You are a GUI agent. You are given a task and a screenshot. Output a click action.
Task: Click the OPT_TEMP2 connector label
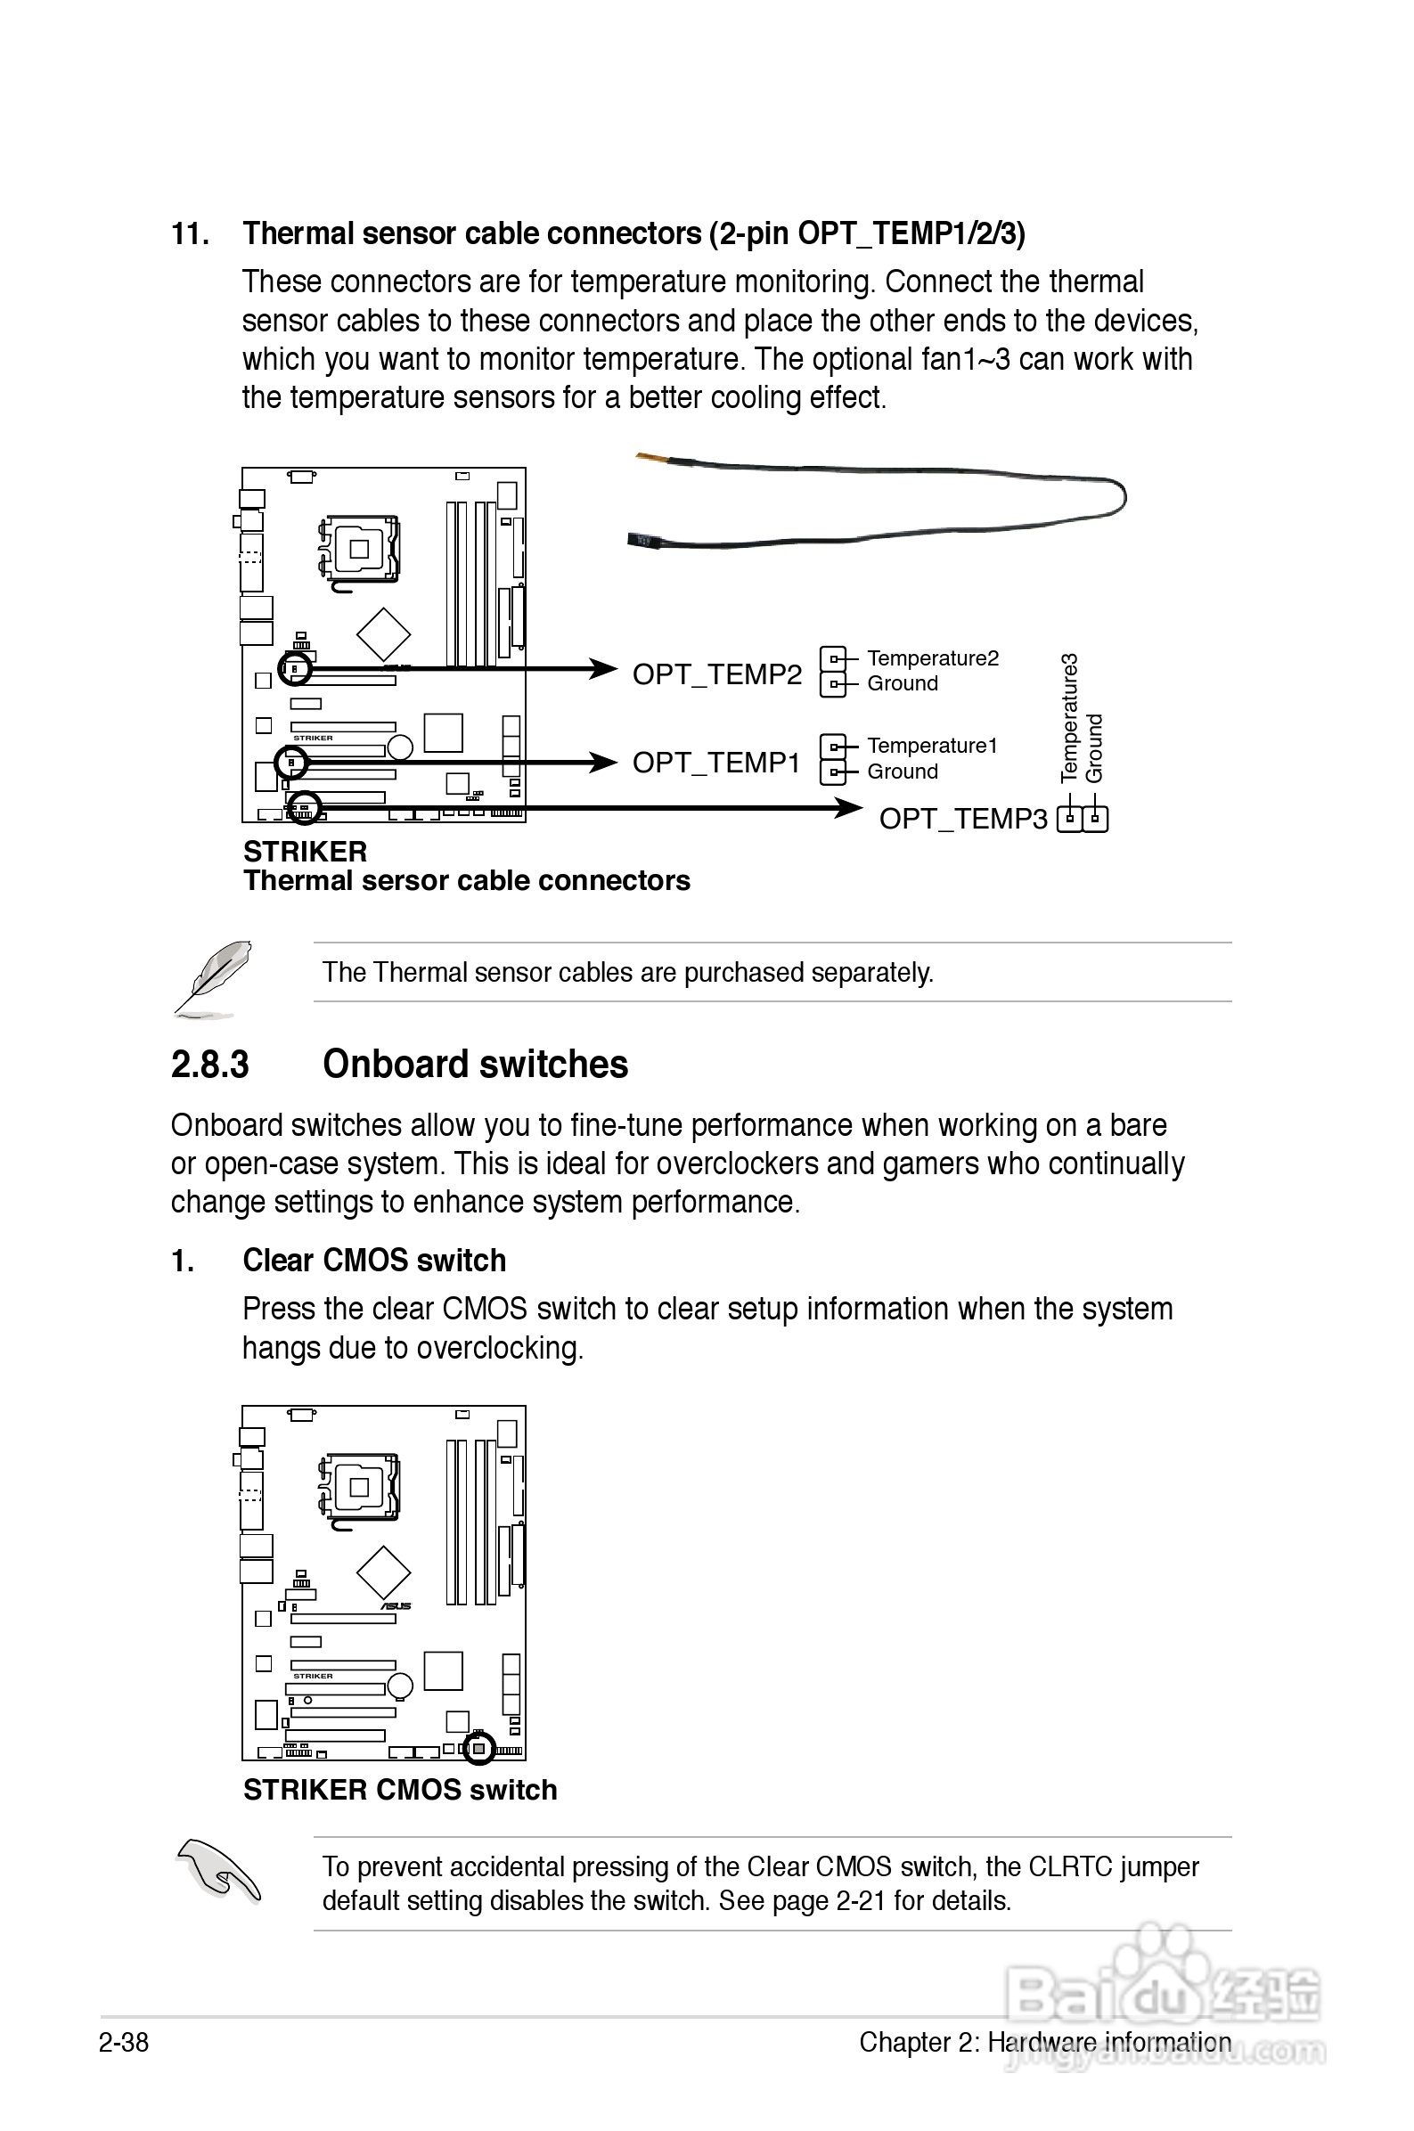[x=717, y=674]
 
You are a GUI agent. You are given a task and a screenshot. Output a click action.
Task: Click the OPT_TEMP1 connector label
[x=716, y=763]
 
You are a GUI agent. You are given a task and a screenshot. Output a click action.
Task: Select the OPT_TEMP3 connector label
[x=963, y=819]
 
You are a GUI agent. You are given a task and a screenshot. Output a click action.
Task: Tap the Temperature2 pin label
[x=933, y=658]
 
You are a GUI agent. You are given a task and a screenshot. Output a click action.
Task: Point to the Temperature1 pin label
[x=932, y=746]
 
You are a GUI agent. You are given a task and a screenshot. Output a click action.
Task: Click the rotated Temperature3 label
[x=1069, y=717]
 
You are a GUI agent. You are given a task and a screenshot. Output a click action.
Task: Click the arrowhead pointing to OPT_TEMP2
[x=603, y=669]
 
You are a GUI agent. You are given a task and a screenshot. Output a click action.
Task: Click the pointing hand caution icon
[x=219, y=1871]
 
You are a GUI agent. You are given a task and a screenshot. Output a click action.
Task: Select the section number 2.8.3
[x=209, y=1065]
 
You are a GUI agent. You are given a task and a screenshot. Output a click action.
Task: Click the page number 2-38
[x=124, y=2042]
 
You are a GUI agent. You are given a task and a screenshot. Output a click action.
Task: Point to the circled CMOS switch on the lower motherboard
[x=478, y=1749]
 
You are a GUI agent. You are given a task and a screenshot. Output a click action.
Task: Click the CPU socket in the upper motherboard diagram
[x=360, y=548]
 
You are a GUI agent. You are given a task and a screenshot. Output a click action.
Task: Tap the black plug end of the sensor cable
[x=643, y=540]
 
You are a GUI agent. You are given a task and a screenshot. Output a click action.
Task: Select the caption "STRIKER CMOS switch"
[x=399, y=1790]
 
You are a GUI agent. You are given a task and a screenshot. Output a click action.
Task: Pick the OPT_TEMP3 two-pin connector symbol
[x=1083, y=819]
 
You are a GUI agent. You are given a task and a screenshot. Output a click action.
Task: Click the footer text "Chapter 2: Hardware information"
[x=1044, y=2042]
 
